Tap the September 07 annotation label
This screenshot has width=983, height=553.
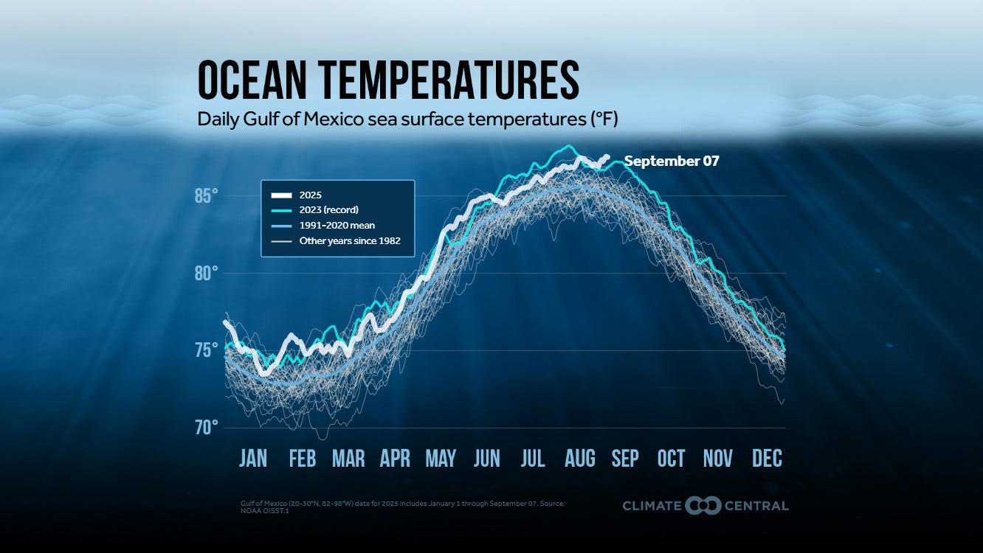[671, 161]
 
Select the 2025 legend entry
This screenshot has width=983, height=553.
[311, 195]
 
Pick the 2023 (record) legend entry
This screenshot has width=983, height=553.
[328, 210]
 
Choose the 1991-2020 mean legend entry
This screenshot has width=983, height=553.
[337, 226]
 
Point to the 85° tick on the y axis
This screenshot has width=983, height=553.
[206, 196]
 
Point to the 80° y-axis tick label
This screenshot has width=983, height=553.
[206, 274]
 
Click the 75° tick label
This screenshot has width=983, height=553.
[206, 350]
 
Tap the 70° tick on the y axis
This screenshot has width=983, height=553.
[206, 428]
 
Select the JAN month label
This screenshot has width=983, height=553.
[253, 459]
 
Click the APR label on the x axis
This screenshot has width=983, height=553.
[395, 459]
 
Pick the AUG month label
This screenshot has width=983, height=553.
[579, 459]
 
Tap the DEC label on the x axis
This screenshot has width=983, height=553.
[767, 459]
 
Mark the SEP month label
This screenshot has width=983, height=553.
[624, 459]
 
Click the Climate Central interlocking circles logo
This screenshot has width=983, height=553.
[703, 506]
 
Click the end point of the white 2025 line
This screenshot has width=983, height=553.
[607, 156]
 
